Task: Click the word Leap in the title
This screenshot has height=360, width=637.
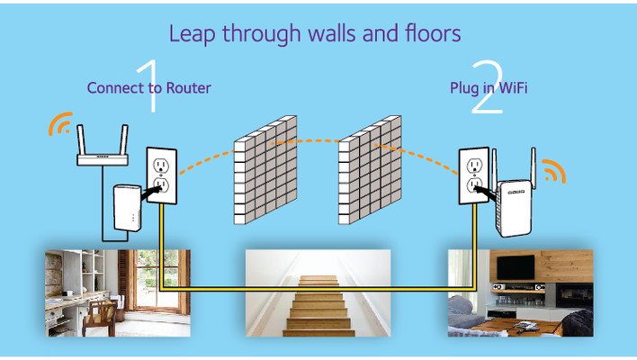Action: point(193,33)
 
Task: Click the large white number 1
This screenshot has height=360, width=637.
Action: point(148,85)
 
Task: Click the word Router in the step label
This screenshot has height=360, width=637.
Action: point(189,88)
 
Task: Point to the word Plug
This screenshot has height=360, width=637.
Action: point(462,88)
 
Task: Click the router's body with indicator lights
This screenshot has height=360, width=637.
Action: point(103,159)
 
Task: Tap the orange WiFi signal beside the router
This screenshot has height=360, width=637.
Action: point(60,123)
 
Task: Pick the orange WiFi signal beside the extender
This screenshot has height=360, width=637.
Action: point(554,171)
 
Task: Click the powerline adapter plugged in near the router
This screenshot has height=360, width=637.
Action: point(128,208)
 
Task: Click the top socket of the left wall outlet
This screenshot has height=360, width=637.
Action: point(161,165)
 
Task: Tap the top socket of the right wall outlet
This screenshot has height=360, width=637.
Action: point(474,166)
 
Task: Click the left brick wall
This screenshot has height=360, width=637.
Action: point(265,170)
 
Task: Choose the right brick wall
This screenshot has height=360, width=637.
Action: point(370,170)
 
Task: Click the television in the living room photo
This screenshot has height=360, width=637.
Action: point(516,267)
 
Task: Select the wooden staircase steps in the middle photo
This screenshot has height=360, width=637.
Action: point(318,306)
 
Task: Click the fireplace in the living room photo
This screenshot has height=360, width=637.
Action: point(574,295)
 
